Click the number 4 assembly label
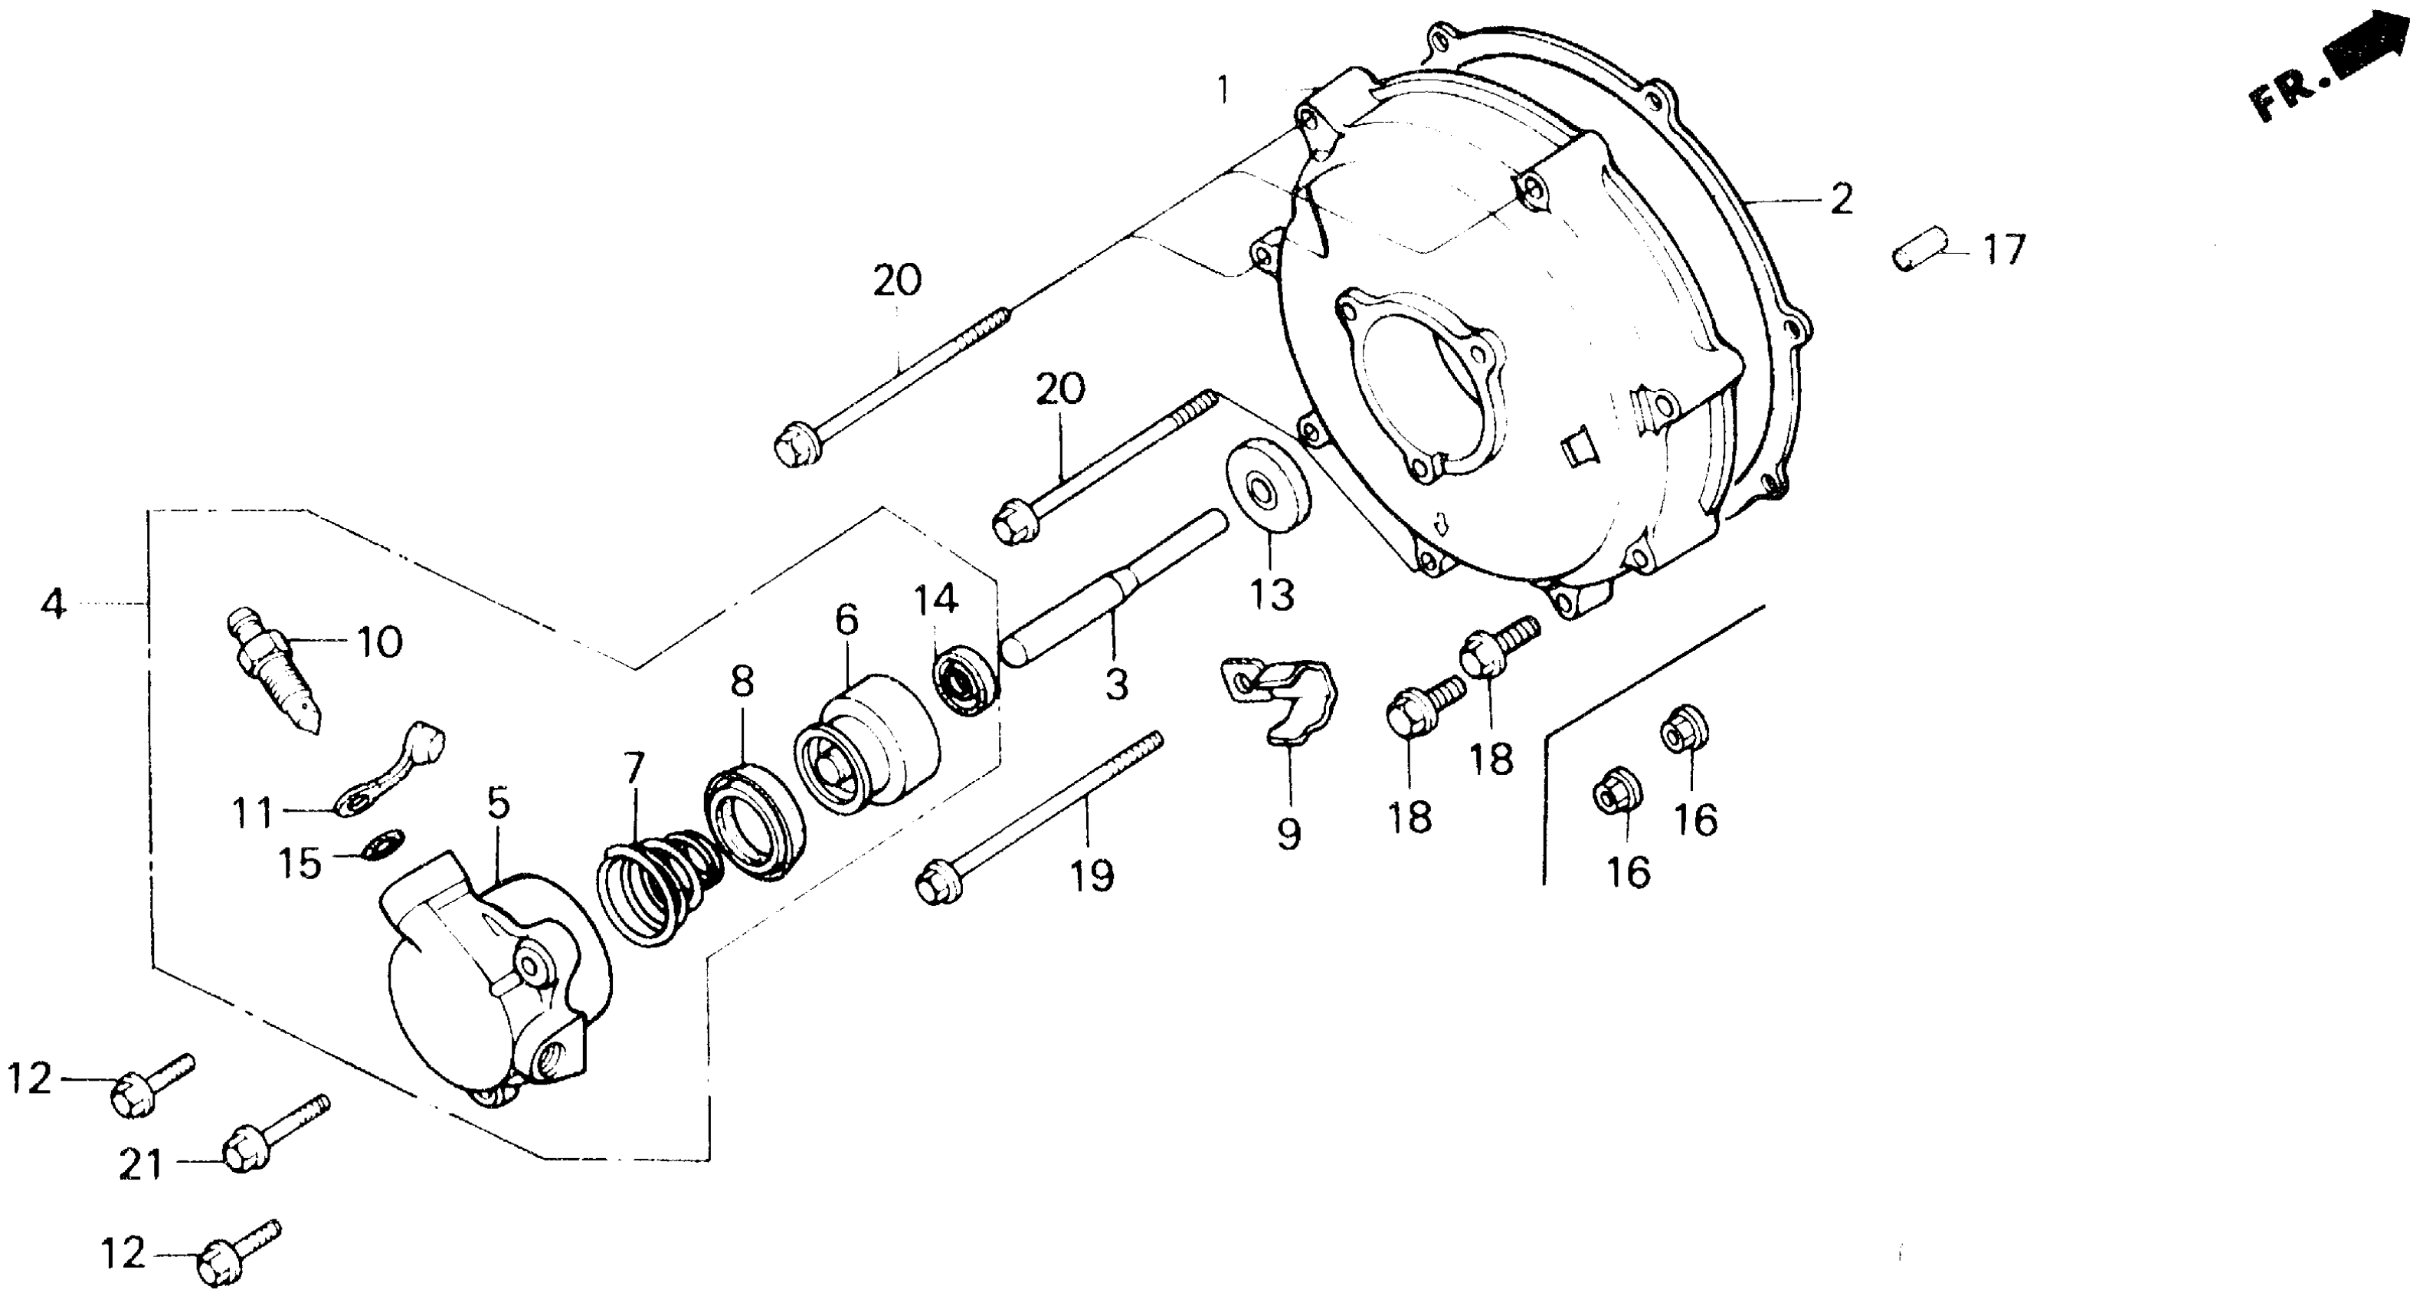[54, 603]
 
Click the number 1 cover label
[1223, 90]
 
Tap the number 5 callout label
[498, 804]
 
